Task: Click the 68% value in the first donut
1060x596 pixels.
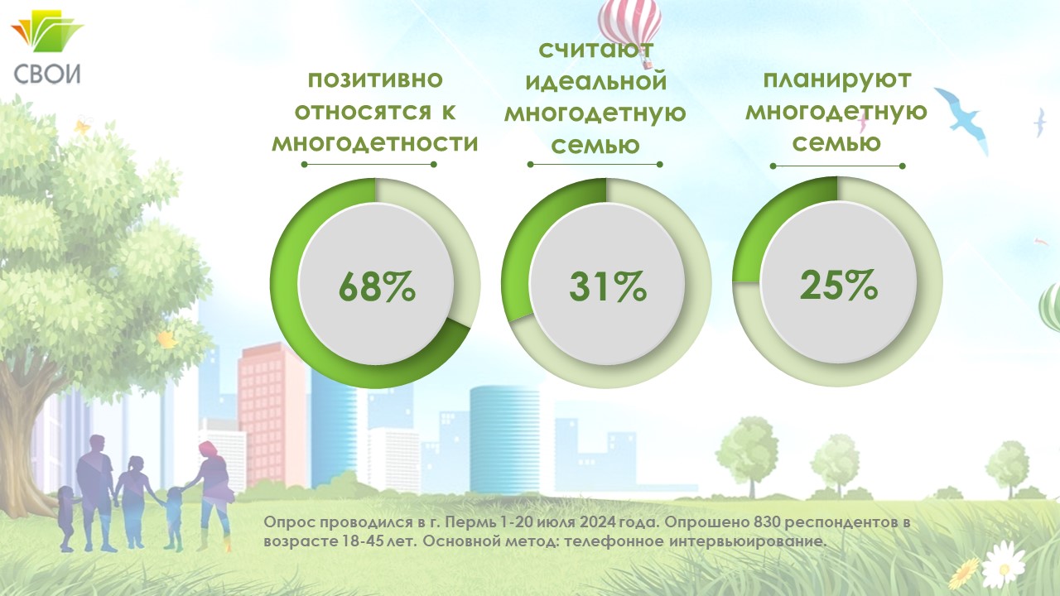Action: tap(377, 286)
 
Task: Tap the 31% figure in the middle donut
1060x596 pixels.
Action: tap(608, 286)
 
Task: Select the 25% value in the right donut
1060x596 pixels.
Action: tap(839, 286)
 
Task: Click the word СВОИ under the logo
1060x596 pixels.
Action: tap(47, 74)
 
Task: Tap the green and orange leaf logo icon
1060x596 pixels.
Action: tap(47, 31)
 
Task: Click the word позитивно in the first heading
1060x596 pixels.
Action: tap(375, 79)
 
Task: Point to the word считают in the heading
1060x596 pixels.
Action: tap(595, 50)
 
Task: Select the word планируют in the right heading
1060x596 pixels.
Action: tap(837, 80)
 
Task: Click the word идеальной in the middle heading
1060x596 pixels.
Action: tap(595, 81)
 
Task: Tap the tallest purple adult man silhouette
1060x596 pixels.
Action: tap(96, 493)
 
